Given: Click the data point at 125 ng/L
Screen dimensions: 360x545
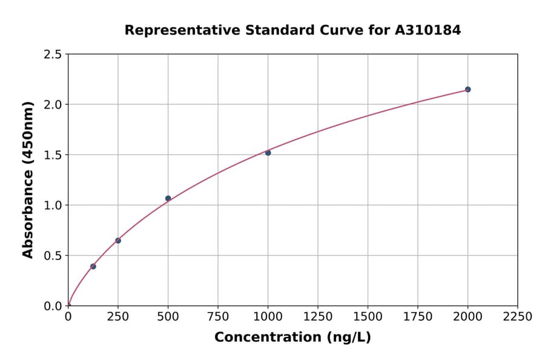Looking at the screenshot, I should [x=93, y=266].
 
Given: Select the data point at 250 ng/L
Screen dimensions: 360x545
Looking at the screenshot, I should [x=118, y=241].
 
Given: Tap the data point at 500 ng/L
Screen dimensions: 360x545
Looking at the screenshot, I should [x=168, y=198].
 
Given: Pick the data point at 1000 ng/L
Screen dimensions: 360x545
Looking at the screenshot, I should [x=268, y=153].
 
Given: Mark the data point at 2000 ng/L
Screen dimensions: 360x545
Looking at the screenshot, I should [x=467, y=90].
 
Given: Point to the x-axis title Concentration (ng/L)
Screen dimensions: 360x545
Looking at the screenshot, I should [x=292, y=338].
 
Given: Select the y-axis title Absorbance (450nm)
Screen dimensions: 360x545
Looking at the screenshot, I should [x=28, y=179].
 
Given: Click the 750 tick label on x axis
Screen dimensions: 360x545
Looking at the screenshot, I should [x=218, y=317].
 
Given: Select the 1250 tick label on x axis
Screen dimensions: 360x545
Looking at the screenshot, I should [x=318, y=317].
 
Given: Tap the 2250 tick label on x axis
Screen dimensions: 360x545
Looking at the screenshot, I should [x=518, y=317].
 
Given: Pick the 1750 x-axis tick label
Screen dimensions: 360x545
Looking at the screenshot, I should [x=418, y=317].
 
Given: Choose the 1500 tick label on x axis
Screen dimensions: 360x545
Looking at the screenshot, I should [x=368, y=317].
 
